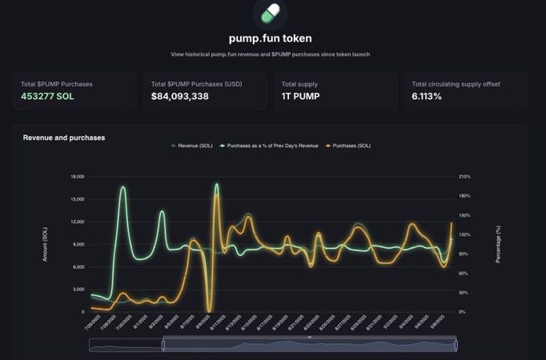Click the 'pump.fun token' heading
tap(270, 38)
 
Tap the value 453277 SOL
tap(47, 97)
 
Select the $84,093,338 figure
tap(179, 97)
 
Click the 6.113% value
tap(427, 97)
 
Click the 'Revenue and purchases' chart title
tap(64, 138)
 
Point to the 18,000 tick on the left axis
tap(77, 176)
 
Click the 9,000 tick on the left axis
tap(78, 244)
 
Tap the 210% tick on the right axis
tap(464, 176)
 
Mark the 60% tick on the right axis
tap(463, 274)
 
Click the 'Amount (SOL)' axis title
tap(45, 244)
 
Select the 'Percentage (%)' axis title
tap(498, 244)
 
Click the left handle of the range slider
tap(163, 345)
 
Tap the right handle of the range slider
tap(456, 345)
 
